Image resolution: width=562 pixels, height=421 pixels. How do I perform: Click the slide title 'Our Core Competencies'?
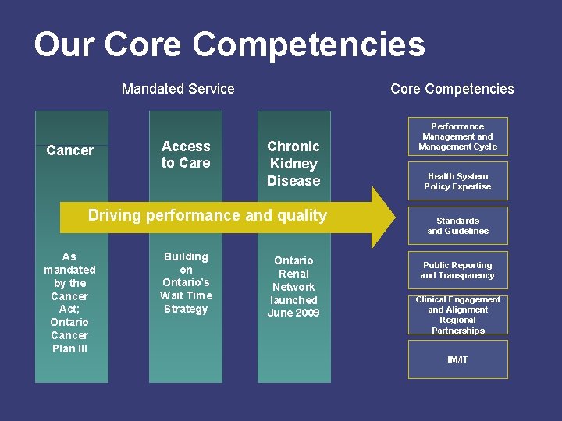(229, 44)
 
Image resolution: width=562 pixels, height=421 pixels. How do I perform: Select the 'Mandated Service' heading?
(178, 89)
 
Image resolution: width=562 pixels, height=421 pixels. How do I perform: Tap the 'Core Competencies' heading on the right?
(452, 89)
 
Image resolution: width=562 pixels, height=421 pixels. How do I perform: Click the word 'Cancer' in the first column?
(70, 150)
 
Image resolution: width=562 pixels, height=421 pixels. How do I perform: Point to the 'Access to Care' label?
(186, 154)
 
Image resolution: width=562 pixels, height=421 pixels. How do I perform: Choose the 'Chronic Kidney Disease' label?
(293, 164)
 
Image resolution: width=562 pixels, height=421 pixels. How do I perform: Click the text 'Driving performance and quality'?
(208, 215)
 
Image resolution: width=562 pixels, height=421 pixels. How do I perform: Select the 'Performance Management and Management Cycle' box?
(457, 136)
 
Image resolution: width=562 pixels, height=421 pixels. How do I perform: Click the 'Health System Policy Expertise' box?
(457, 181)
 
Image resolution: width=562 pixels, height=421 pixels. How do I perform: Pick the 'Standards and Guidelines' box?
(457, 225)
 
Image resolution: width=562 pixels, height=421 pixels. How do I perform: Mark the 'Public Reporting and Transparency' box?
(457, 270)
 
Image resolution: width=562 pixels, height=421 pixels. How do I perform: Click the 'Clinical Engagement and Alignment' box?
(457, 314)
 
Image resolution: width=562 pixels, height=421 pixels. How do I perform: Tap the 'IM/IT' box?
(457, 359)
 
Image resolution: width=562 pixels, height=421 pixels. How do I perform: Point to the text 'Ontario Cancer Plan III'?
(69, 335)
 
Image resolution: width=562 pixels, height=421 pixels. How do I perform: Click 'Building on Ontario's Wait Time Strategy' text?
(186, 282)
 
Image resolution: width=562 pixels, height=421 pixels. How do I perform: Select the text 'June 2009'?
(293, 313)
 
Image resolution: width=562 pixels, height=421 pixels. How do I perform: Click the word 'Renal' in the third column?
(293, 274)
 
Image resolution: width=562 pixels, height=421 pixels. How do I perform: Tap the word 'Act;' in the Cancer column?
(69, 309)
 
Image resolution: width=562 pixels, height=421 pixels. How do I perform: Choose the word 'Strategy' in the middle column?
(186, 309)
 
